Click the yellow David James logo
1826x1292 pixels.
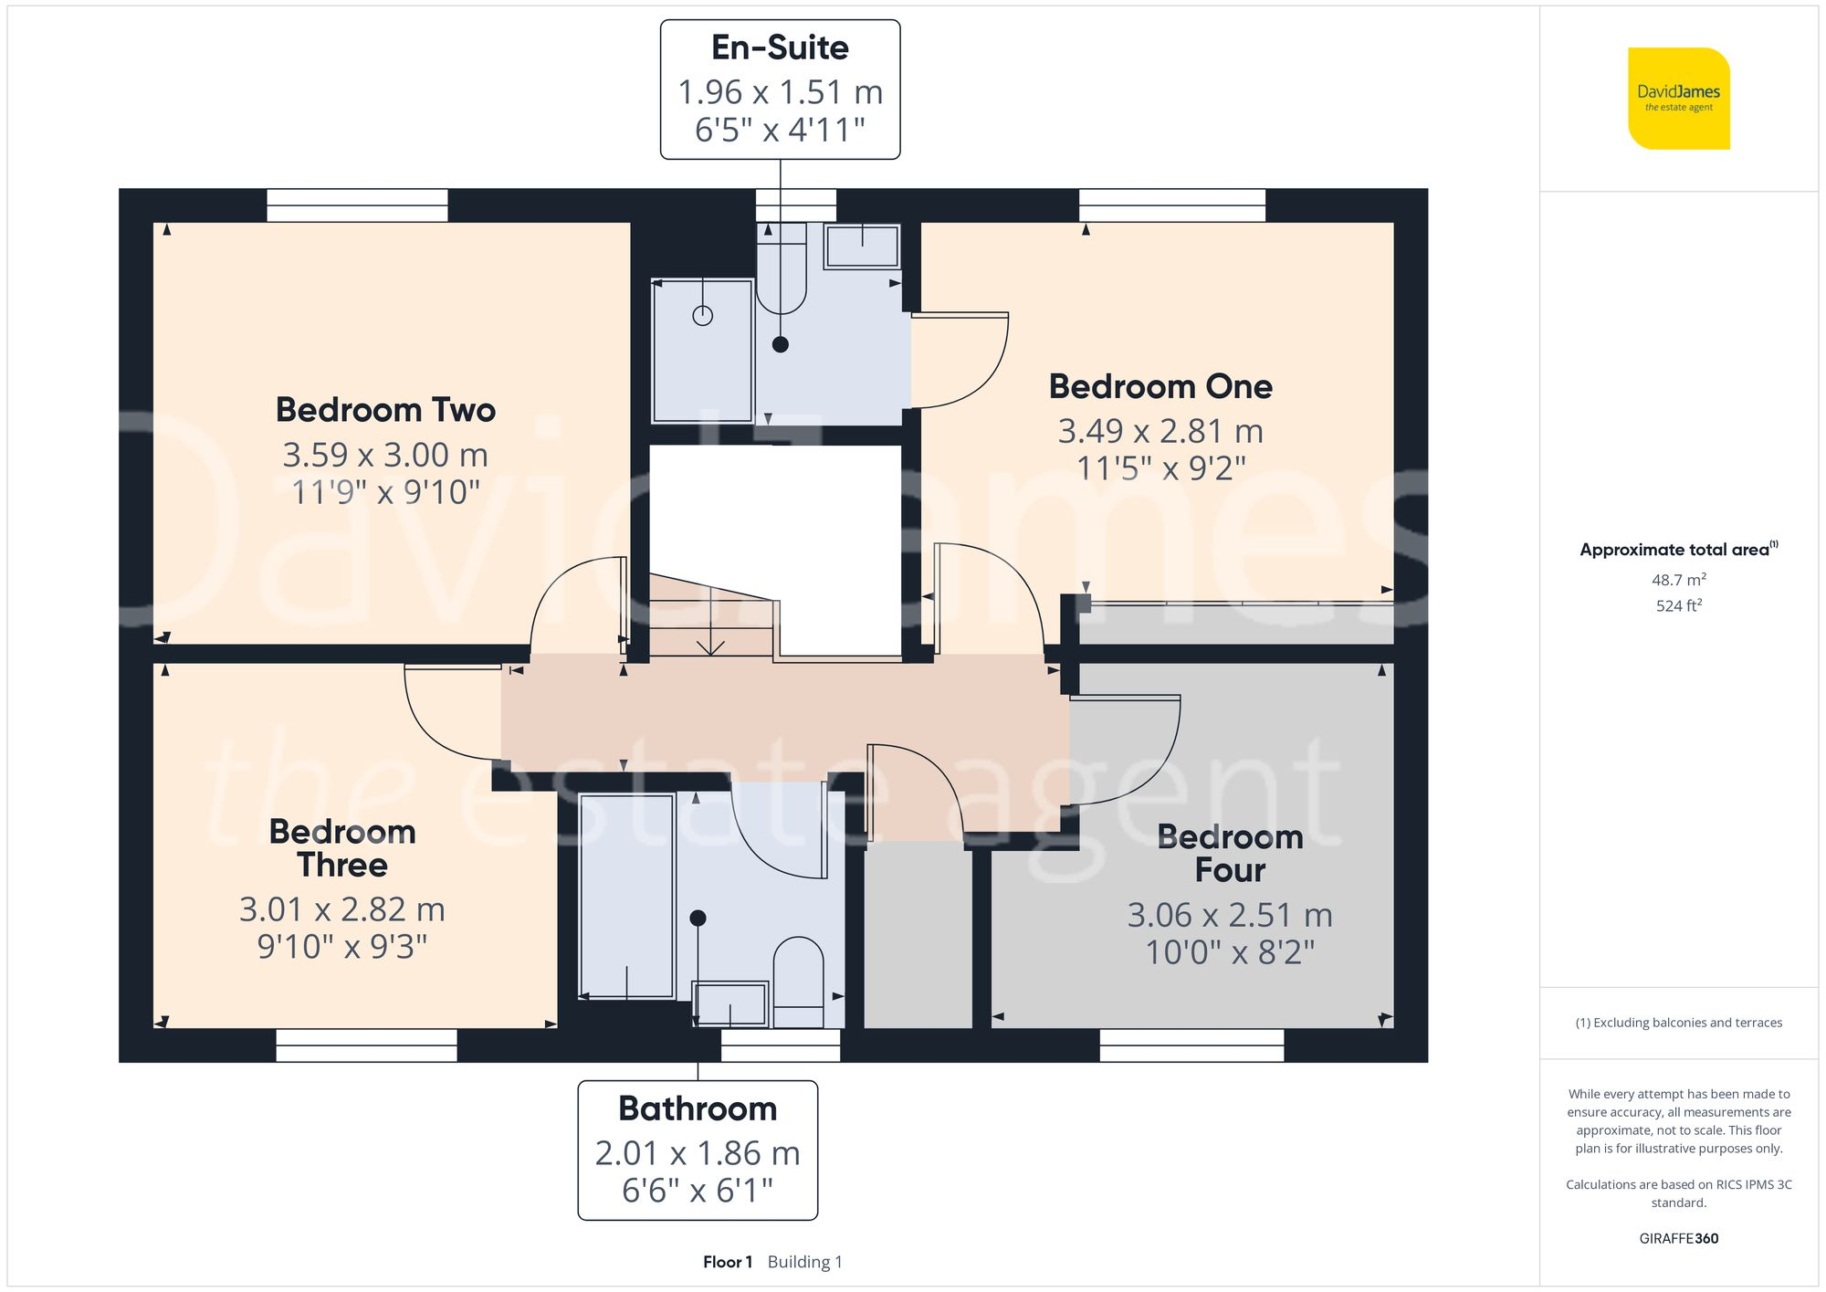1678,99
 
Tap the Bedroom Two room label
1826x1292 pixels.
385,410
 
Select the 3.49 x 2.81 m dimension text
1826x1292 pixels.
1160,431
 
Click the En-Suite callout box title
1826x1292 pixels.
780,47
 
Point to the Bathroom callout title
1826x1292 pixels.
698,1108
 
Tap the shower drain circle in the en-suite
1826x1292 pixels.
702,316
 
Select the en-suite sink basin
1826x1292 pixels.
862,247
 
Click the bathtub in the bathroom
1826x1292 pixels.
626,895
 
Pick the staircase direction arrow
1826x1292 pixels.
710,646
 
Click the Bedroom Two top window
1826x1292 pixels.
357,205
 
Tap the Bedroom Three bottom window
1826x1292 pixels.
366,1045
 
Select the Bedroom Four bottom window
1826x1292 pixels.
1191,1045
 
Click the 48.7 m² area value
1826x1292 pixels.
1678,580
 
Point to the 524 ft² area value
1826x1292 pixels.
1678,605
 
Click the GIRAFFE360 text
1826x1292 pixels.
1678,1238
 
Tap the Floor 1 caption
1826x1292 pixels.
728,1262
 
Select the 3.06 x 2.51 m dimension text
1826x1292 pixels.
1230,915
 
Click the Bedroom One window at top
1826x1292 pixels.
1172,205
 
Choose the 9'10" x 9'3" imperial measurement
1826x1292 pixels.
342,947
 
